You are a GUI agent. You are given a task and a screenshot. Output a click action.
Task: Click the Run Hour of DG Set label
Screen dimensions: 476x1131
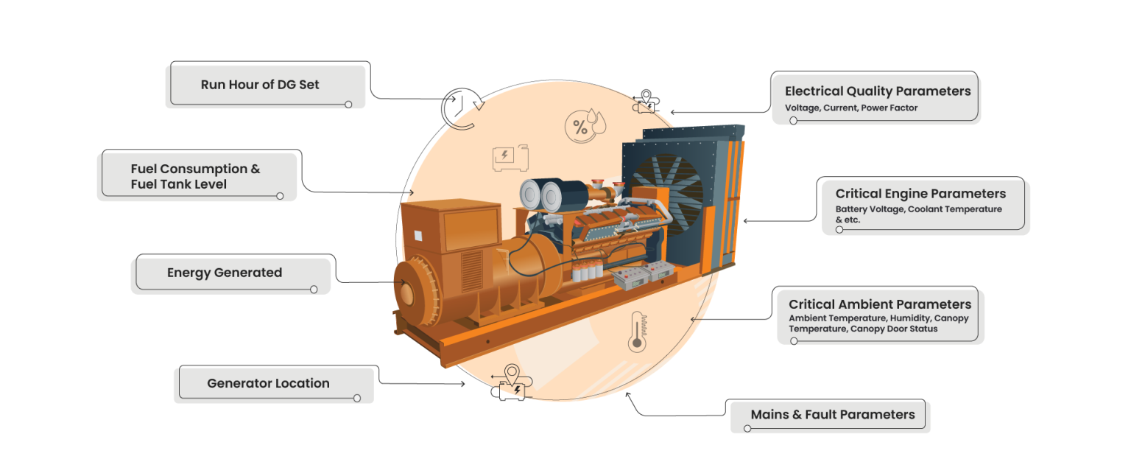click(260, 85)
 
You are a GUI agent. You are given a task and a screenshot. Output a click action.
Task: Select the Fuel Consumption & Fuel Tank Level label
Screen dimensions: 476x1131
click(195, 177)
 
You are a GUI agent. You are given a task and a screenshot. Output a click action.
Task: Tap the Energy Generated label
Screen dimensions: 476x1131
click(225, 273)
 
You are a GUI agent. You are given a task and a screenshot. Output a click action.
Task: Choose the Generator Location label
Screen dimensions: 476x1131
click(268, 383)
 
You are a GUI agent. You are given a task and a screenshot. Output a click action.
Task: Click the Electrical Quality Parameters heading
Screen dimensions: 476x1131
click(878, 91)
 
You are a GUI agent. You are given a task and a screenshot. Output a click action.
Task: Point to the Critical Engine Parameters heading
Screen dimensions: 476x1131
click(920, 194)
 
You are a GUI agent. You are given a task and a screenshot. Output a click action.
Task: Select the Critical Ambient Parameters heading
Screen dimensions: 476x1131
click(880, 304)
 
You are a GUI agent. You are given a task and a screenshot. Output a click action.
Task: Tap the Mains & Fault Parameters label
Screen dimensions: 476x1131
click(833, 415)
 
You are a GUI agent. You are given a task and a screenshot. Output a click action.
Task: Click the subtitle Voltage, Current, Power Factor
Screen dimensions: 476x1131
click(851, 108)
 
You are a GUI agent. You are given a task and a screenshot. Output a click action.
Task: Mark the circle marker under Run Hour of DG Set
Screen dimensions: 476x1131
click(348, 105)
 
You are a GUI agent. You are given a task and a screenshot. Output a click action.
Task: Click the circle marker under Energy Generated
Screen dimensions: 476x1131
click(314, 290)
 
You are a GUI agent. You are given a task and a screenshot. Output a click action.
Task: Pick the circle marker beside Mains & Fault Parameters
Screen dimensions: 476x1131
click(747, 428)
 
